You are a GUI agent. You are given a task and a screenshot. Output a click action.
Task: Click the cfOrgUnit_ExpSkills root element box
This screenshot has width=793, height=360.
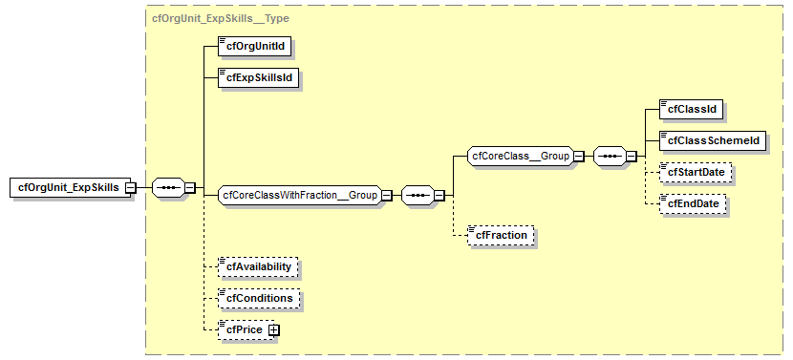tap(66, 187)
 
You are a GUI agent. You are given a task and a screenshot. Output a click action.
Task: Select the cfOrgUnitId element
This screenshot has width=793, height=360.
tap(255, 45)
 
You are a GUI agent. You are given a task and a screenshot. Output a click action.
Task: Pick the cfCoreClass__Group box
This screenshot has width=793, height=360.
tap(520, 156)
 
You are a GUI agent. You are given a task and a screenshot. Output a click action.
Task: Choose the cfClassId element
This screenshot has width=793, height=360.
tap(692, 109)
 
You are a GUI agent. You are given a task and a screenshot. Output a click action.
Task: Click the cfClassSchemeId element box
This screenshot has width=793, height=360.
tap(713, 140)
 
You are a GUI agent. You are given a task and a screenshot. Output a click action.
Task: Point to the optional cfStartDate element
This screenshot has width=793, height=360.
tap(695, 172)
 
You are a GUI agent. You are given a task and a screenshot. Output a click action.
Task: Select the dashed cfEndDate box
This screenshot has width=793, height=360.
tap(692, 203)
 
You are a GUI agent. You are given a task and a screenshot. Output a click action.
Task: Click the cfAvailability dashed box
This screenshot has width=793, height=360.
tap(258, 266)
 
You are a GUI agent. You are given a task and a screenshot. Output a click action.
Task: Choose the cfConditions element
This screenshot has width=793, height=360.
tap(258, 298)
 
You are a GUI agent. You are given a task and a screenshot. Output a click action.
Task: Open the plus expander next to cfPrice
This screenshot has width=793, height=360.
tap(273, 329)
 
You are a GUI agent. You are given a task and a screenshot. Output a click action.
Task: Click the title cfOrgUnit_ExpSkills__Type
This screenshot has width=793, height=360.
tap(221, 18)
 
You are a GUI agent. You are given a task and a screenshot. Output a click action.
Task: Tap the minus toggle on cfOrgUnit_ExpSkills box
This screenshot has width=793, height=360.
tap(130, 188)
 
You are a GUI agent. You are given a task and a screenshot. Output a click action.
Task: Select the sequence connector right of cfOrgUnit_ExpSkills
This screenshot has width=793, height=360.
tap(169, 188)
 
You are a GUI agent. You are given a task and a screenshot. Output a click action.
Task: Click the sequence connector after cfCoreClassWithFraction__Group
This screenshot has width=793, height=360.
tap(418, 195)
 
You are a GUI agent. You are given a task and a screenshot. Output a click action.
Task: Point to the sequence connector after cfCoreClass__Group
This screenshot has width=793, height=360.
tap(610, 156)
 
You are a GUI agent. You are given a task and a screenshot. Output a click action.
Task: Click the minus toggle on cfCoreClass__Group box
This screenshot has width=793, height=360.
tap(578, 156)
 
